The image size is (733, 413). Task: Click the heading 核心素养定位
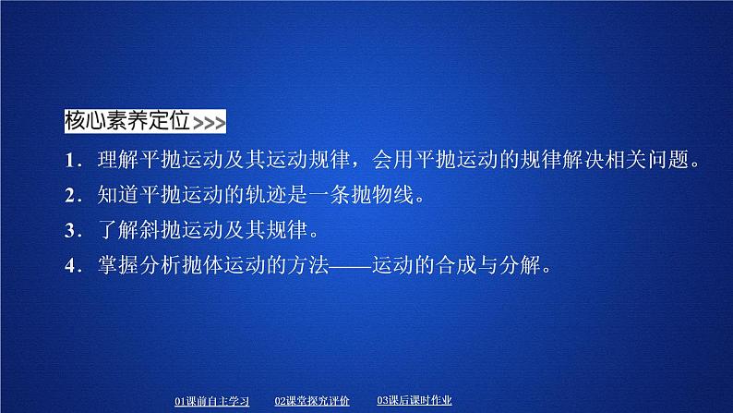coord(127,121)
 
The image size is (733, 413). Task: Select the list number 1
coord(70,161)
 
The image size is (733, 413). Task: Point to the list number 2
coord(70,196)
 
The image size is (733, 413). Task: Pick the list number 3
coord(70,231)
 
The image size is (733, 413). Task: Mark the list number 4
coord(70,266)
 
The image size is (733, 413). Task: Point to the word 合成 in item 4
coord(456,265)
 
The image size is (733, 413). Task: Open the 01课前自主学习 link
coord(211,401)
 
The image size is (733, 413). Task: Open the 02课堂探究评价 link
coord(312,401)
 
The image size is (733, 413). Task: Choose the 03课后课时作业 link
coord(415,400)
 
